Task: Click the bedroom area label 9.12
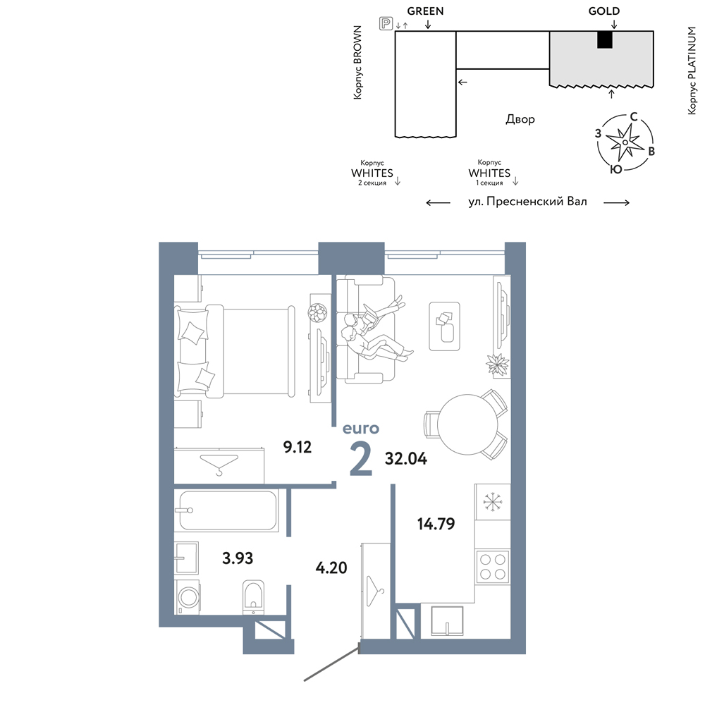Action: [298, 447]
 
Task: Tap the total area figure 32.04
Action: [406, 459]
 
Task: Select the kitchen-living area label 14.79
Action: [436, 524]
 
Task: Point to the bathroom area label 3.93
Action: [238, 558]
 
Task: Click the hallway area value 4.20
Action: [331, 568]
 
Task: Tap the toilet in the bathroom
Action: [253, 597]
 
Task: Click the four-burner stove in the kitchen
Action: [492, 567]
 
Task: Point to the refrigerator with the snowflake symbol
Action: [492, 501]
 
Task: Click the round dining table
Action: [467, 424]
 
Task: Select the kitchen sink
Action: [447, 621]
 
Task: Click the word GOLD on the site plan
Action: [604, 11]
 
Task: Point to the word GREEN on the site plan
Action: [425, 11]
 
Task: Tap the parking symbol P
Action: [386, 23]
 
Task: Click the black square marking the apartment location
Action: [605, 40]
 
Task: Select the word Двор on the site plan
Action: [520, 119]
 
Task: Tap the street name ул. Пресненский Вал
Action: [527, 202]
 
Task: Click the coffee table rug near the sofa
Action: [444, 326]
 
